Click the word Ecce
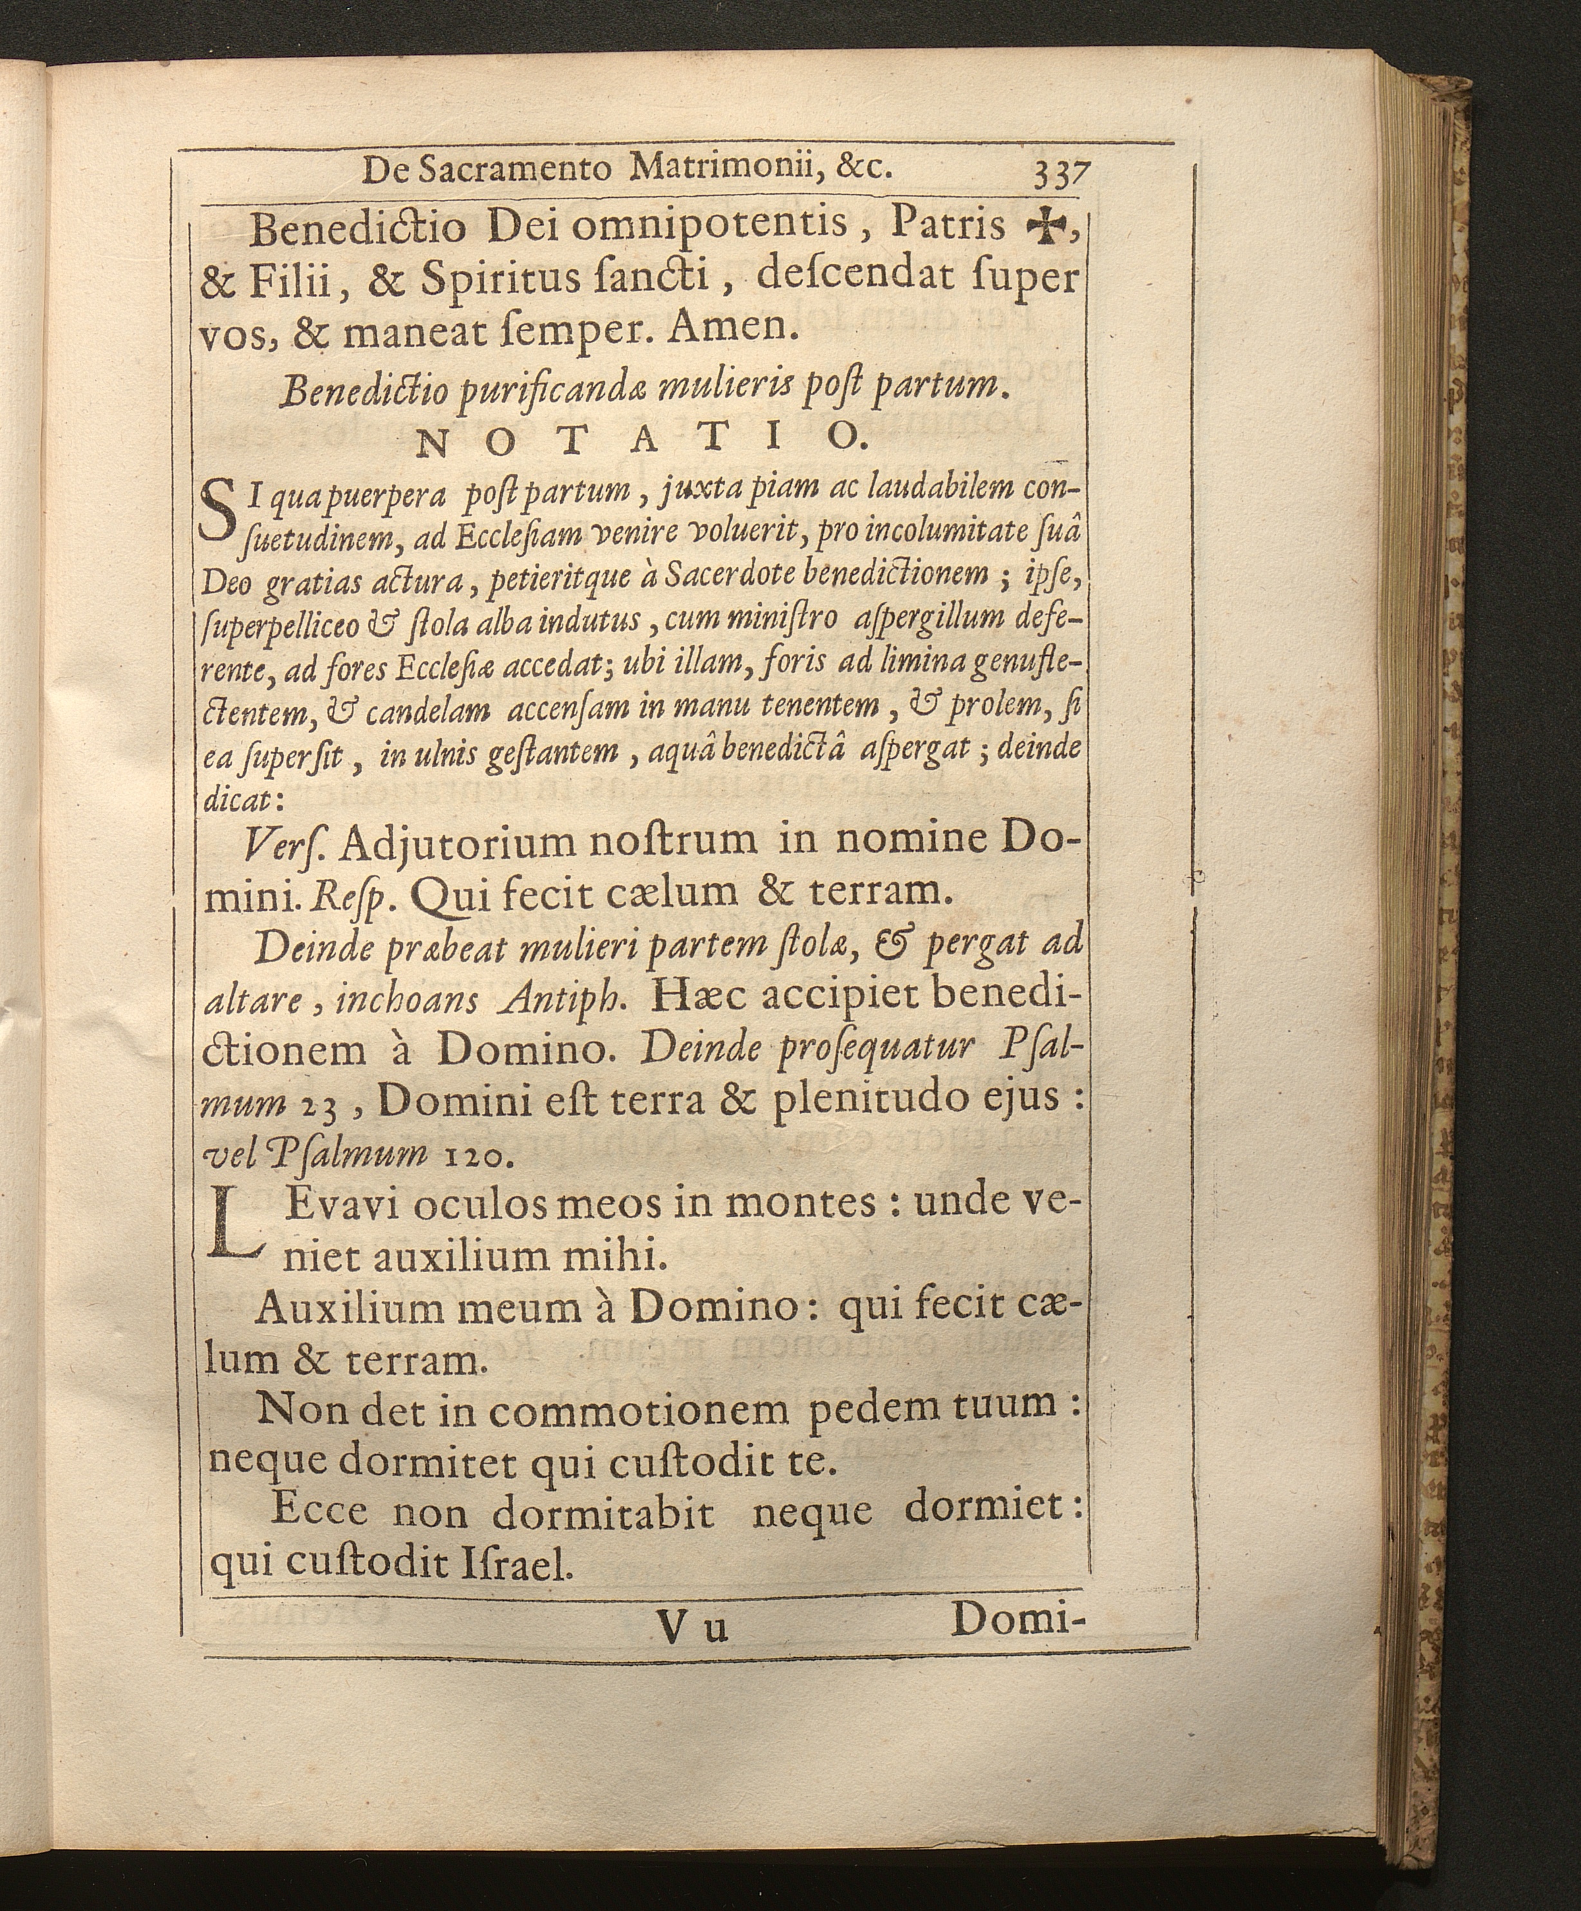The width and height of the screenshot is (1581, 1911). [319, 1512]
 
